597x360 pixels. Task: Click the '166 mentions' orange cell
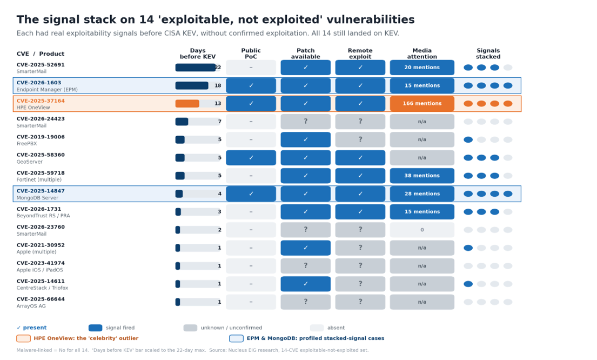click(x=422, y=104)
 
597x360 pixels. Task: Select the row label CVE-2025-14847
click(x=41, y=191)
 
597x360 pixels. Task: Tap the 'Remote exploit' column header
click(x=360, y=54)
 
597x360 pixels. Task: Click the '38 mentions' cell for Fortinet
click(x=422, y=176)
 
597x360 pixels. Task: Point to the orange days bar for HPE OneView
click(x=187, y=104)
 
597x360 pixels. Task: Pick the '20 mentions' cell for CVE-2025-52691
click(x=422, y=68)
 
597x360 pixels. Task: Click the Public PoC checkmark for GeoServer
click(x=251, y=158)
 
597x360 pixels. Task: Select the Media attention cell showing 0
click(x=422, y=230)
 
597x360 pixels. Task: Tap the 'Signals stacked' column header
click(x=488, y=54)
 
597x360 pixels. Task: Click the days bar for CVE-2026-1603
click(x=191, y=86)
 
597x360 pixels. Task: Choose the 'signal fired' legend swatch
click(x=95, y=328)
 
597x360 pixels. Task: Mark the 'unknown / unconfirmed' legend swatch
click(x=190, y=328)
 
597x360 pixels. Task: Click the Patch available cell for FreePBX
click(x=305, y=139)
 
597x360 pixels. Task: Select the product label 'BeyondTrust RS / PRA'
click(x=43, y=216)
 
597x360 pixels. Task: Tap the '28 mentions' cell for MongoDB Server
click(x=422, y=194)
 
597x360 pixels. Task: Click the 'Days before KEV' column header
click(x=198, y=54)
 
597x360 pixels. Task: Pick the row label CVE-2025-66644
click(x=41, y=299)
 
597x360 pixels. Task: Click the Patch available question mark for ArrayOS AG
click(x=305, y=302)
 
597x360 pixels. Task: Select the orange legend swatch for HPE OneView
click(x=24, y=338)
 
